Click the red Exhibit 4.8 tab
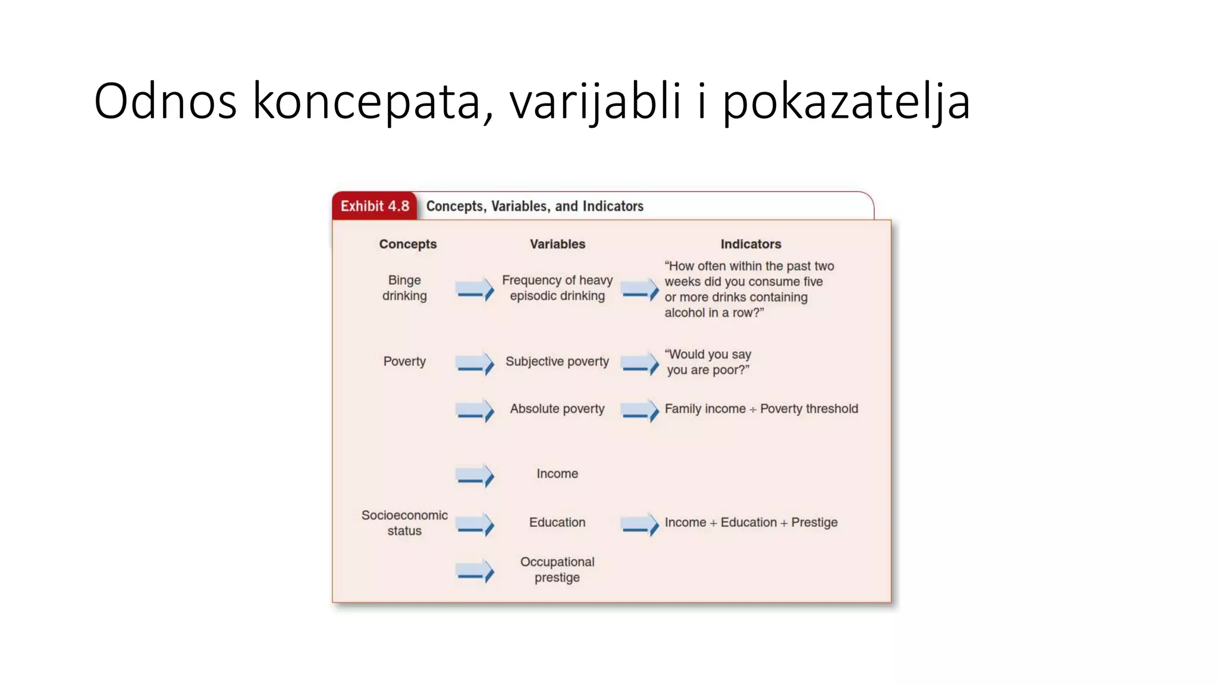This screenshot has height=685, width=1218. click(x=374, y=206)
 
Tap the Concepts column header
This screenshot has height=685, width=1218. click(x=407, y=244)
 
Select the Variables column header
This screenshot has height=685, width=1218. click(x=557, y=244)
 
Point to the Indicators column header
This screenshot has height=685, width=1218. click(x=751, y=244)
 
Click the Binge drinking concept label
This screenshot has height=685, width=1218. click(x=404, y=288)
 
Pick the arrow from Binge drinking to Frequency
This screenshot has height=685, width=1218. click(x=475, y=290)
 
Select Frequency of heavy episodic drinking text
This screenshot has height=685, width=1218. click(x=557, y=288)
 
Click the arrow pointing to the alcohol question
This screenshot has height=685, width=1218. click(x=640, y=290)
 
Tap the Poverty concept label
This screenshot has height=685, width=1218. click(x=404, y=362)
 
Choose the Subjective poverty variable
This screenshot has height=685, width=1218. click(x=557, y=362)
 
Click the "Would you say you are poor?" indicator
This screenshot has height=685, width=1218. click(x=708, y=362)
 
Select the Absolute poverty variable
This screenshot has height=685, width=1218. click(x=557, y=409)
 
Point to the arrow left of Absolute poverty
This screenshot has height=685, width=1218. click(x=475, y=411)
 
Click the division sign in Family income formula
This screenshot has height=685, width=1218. click(x=753, y=410)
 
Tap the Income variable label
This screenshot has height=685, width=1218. click(x=557, y=474)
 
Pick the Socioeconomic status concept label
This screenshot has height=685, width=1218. click(x=404, y=523)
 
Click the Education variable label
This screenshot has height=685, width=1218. click(x=557, y=522)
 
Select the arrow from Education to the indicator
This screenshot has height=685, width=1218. click(x=640, y=524)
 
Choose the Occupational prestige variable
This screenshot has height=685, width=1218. click(x=557, y=570)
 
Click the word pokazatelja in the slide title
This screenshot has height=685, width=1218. click(x=846, y=101)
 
